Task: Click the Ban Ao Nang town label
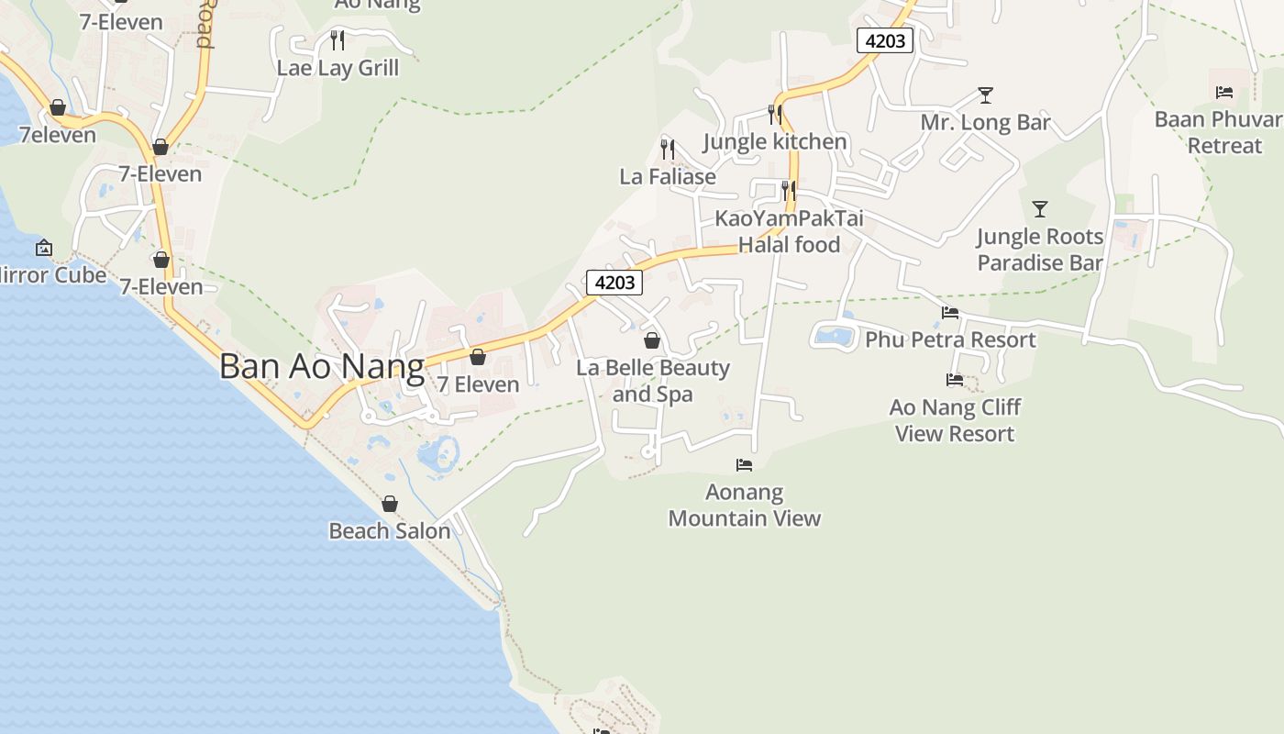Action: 321,367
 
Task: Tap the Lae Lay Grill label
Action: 338,68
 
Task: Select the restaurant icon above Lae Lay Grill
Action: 338,39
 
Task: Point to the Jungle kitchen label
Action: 775,141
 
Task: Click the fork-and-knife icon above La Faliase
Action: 668,149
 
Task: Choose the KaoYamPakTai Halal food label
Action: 789,232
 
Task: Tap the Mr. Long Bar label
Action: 985,123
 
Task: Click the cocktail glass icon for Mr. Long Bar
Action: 985,95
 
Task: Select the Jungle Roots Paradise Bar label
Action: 1039,250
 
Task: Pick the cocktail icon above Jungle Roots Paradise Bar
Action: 1039,209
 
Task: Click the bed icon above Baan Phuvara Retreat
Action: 1223,92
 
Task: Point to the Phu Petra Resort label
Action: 950,339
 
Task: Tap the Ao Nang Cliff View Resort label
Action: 955,420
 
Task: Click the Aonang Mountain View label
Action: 744,505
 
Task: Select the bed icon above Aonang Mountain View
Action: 744,465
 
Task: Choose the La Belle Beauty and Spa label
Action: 653,381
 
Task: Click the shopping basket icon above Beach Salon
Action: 390,504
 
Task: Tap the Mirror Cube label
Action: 53,274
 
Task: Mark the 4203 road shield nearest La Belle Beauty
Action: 614,283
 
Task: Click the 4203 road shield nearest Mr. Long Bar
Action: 885,40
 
